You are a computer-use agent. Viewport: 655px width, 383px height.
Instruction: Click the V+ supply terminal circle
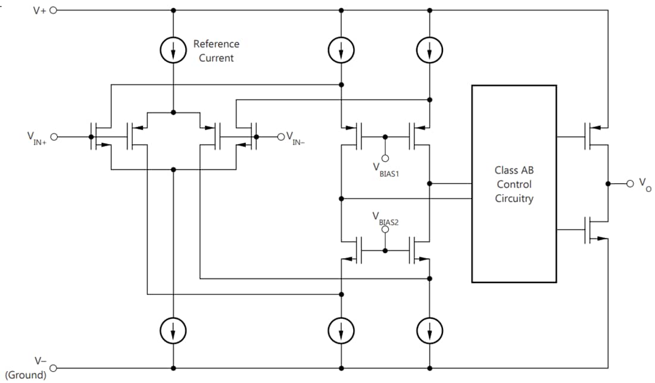[53, 10]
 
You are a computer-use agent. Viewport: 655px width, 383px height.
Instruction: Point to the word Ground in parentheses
[26, 375]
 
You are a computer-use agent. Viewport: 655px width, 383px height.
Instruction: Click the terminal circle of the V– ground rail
[53, 368]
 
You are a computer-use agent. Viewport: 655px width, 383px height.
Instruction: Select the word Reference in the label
[216, 44]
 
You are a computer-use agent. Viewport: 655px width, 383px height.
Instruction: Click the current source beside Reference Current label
[173, 52]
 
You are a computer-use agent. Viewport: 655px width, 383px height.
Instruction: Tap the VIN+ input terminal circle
[53, 137]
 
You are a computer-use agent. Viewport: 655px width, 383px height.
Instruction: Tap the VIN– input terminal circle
[281, 137]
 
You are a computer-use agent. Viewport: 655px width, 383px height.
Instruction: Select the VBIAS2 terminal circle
[385, 228]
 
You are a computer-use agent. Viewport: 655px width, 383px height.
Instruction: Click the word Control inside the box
[514, 184]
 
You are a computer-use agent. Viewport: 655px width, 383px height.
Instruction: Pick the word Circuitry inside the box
[514, 198]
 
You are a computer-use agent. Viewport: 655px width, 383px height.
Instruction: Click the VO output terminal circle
[630, 183]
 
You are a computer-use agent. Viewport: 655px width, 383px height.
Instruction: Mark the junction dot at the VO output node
[609, 183]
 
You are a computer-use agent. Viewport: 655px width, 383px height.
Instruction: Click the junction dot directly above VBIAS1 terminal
[385, 137]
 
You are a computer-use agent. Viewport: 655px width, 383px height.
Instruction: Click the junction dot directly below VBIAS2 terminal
[385, 250]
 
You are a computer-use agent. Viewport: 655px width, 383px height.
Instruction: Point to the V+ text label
[39, 10]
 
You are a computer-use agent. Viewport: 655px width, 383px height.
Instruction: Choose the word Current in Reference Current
[216, 58]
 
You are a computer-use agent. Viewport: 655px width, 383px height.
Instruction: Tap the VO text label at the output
[644, 184]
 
